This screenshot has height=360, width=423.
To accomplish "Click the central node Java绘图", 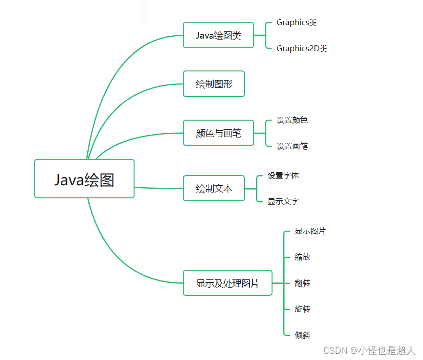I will (84, 179).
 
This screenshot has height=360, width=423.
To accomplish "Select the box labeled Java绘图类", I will (218, 35).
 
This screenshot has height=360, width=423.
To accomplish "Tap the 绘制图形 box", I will (214, 84).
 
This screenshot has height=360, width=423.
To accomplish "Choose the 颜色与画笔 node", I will (218, 133).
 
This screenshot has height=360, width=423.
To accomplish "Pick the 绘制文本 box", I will (214, 189).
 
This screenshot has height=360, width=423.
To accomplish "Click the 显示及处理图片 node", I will (228, 283).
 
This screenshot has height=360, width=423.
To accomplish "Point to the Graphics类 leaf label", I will (297, 23).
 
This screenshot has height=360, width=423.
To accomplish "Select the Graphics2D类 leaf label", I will (302, 48).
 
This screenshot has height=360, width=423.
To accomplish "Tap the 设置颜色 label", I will (292, 120).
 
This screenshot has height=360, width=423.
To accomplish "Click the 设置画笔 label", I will (292, 146).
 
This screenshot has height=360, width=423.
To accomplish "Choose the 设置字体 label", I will (284, 176).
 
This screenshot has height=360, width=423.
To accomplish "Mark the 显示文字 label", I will (284, 201).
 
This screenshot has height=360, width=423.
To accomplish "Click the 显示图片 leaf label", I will (310, 231).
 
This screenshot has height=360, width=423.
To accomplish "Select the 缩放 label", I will (302, 257).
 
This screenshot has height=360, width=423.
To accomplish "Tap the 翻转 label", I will (302, 283).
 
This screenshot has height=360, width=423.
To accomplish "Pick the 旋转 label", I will (302, 309).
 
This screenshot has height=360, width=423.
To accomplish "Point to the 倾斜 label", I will (302, 335).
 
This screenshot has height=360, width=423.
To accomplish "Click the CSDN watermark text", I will (369, 351).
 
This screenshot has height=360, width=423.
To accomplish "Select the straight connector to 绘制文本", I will (159, 188).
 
